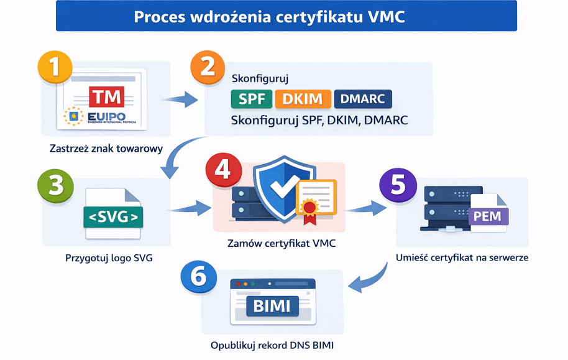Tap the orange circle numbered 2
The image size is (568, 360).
(208, 67)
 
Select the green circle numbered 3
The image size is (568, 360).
(55, 185)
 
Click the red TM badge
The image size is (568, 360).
(106, 96)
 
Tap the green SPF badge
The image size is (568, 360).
(250, 99)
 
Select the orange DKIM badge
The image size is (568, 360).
(303, 99)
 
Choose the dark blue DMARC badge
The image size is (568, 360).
(362, 99)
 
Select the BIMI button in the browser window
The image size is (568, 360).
(272, 306)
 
